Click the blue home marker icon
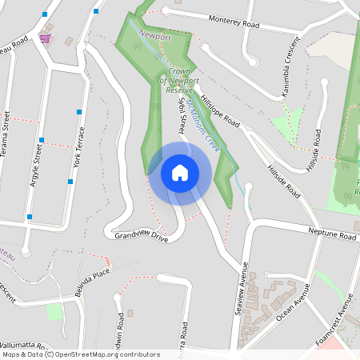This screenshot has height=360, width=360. [180, 172]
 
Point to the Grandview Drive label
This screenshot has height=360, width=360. [141, 238]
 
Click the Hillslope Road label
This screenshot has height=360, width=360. [221, 109]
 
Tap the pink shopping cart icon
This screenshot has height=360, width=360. [46, 38]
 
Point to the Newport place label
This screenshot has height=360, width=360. [154, 35]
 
